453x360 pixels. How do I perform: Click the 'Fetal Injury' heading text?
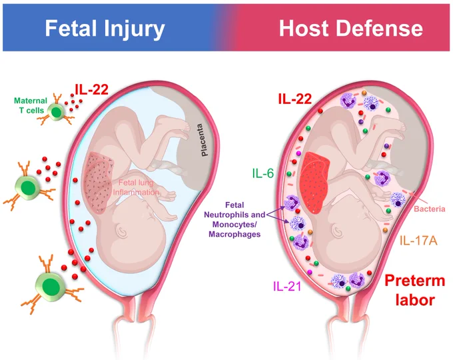(x=105, y=29)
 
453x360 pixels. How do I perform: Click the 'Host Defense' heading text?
(x=350, y=29)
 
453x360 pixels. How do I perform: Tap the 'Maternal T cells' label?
(x=31, y=105)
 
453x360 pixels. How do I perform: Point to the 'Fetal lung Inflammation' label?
(x=136, y=187)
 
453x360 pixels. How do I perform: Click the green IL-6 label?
(x=263, y=173)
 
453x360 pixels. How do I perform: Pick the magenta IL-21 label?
(x=287, y=286)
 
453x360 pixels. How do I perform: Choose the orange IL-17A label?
(x=418, y=241)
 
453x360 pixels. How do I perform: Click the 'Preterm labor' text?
(x=415, y=290)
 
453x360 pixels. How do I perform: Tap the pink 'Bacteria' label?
(x=430, y=209)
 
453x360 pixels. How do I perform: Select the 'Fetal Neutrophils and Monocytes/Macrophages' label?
(x=234, y=219)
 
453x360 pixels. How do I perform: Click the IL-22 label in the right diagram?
(x=295, y=99)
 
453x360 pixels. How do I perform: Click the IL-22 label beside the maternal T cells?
(x=91, y=89)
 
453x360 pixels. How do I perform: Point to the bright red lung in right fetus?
(x=314, y=183)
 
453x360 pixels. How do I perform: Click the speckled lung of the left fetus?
(x=98, y=182)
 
